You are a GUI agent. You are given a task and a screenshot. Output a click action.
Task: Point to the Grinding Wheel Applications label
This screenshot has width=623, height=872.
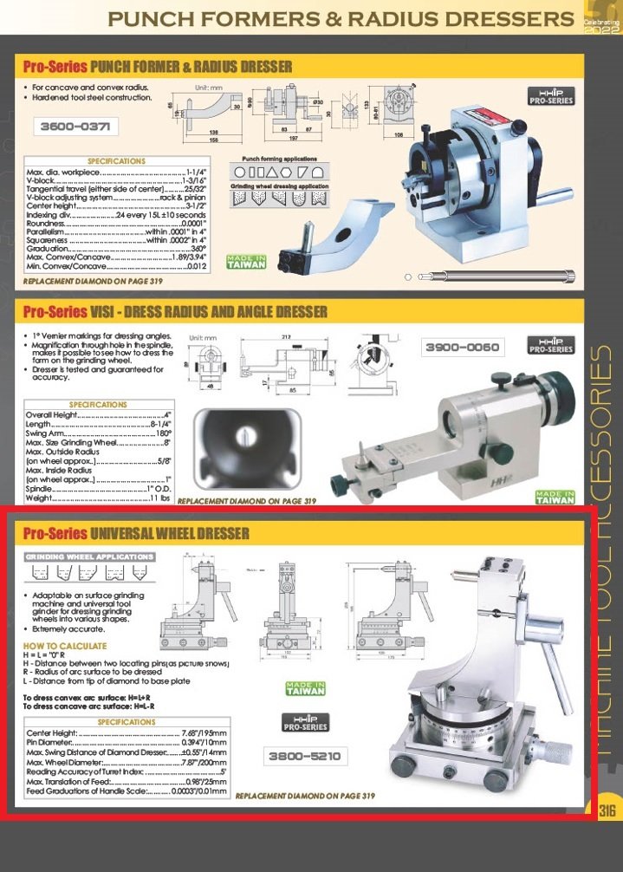click(x=88, y=556)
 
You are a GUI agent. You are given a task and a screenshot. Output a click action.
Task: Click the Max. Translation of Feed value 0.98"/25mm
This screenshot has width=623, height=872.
click(x=205, y=781)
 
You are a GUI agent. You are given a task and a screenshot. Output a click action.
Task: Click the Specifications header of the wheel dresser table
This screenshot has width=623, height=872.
click(x=127, y=721)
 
